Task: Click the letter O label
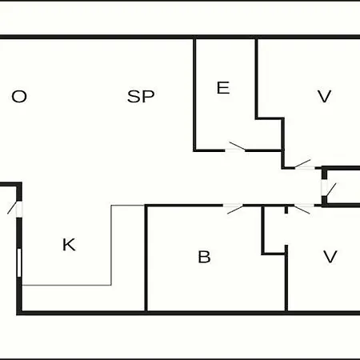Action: pos(19,97)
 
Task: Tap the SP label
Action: pos(141,97)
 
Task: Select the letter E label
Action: pos(223,88)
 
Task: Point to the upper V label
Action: pos(324,97)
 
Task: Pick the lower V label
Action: pos(330,257)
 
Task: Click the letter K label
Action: pos(69,245)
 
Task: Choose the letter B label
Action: pos(204,257)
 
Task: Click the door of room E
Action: pos(235,148)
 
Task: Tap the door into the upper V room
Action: pos(304,165)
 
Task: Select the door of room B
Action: pos(234,208)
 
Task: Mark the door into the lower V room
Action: pos(303,208)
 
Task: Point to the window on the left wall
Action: pos(19,263)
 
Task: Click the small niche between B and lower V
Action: pos(274,230)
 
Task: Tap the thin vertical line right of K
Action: pos(111,246)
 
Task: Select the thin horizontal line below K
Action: pos(66,286)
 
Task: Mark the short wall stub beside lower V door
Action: pos(286,210)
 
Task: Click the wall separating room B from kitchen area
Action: pos(146,258)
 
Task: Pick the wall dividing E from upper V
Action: pos(256,79)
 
